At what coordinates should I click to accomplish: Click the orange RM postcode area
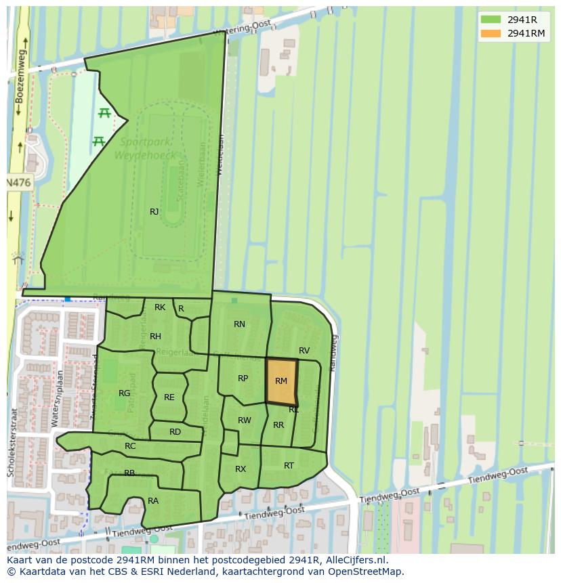tap(281, 381)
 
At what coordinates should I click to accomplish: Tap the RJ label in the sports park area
tap(154, 212)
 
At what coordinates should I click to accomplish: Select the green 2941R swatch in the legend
tap(491, 20)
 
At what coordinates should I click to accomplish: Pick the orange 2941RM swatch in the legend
tap(491, 33)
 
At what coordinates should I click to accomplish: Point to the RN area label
tap(239, 324)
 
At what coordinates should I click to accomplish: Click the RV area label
tap(304, 350)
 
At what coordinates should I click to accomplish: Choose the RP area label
tap(243, 379)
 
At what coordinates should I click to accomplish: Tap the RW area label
tap(245, 420)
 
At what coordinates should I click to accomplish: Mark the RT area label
tap(289, 465)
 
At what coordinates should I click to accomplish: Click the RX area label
tap(241, 469)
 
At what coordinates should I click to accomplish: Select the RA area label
tap(153, 500)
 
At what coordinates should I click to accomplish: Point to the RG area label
tap(124, 393)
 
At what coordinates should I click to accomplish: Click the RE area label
tap(169, 397)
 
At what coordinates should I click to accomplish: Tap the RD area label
tap(175, 432)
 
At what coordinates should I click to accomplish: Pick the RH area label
tap(155, 337)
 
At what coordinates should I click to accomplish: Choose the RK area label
tap(160, 307)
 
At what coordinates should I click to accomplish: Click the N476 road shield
tap(18, 183)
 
